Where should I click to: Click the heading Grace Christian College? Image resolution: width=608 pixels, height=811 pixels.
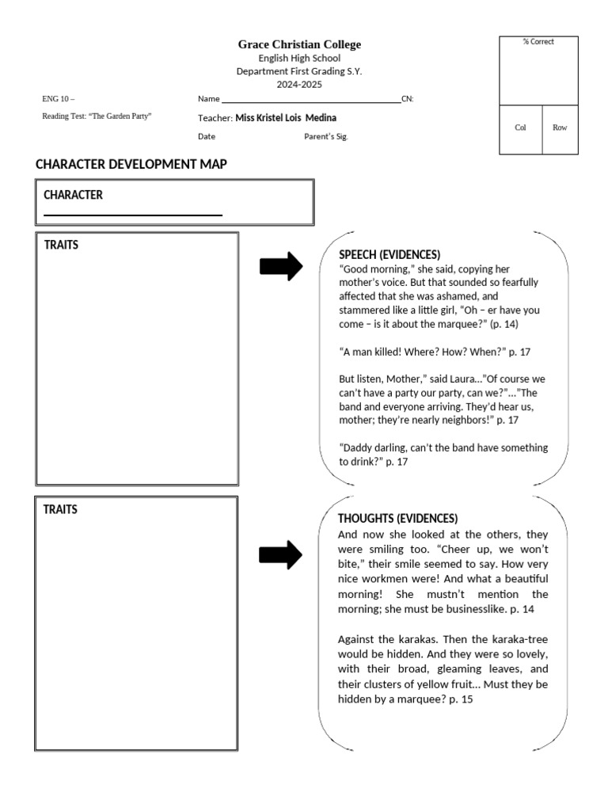point(299,44)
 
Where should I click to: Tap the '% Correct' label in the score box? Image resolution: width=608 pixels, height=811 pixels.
point(538,42)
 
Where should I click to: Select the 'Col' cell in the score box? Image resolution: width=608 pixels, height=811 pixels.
point(520,128)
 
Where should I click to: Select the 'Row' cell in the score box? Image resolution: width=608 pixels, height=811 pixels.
point(560,128)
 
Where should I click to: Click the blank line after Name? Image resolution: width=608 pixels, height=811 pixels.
point(311,100)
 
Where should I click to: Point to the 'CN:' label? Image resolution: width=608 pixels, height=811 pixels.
point(408,99)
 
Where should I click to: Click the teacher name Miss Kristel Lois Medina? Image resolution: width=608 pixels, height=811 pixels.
point(286,118)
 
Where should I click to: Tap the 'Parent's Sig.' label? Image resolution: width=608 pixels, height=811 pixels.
point(326,136)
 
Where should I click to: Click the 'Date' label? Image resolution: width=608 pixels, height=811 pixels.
point(207,136)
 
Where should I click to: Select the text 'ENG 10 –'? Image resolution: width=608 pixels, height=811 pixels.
point(58,99)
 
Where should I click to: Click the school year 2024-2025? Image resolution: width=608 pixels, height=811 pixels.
point(299,83)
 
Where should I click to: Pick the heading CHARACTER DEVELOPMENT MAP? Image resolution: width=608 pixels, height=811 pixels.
point(131,164)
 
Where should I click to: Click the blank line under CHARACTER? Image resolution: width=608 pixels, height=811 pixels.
point(133,214)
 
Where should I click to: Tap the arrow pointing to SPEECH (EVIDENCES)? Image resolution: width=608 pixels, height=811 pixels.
point(281,267)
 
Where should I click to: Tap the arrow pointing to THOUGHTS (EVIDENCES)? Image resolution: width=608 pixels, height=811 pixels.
point(281,554)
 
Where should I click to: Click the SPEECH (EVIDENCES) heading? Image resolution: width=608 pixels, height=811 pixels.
point(389,254)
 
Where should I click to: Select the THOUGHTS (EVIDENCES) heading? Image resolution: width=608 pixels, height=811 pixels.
point(397,518)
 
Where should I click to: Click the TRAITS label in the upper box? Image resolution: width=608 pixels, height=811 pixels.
point(62,245)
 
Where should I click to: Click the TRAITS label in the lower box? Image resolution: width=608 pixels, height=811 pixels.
point(60,509)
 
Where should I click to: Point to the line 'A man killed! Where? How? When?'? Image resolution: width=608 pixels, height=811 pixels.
point(434,352)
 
